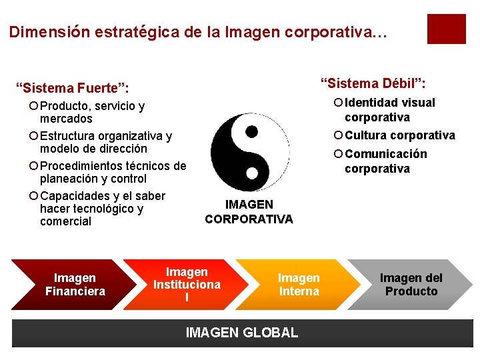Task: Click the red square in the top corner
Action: coord(446,29)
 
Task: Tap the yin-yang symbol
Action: coord(250,153)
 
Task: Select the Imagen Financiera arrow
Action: coord(75,285)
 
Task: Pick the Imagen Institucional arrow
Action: coord(186,285)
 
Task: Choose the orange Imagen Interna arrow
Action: coord(298,285)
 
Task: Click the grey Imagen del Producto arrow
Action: coord(411,285)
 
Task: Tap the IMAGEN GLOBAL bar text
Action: coord(241,332)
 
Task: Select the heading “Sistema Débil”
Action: coord(373,83)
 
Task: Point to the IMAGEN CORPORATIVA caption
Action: coord(249,212)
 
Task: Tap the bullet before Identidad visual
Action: coord(338,103)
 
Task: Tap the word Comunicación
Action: coord(386,154)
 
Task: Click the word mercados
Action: coord(66,119)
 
